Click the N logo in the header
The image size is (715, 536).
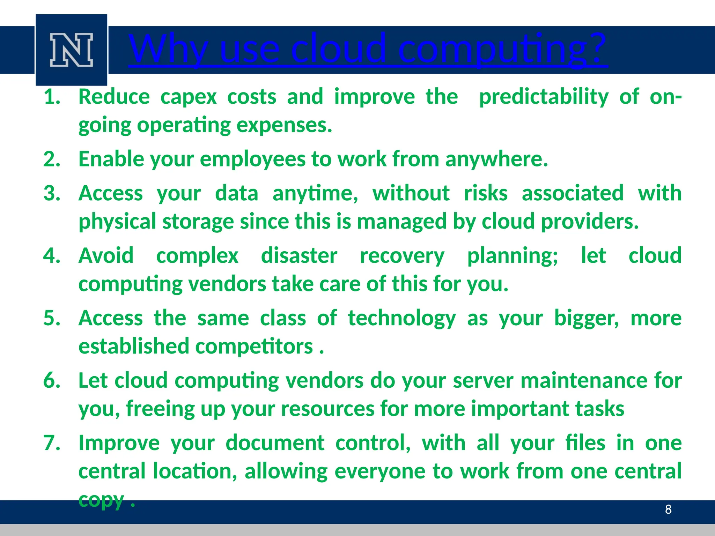(71, 50)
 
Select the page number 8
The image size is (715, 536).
(668, 509)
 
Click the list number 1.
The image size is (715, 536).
(52, 97)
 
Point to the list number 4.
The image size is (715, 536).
(52, 255)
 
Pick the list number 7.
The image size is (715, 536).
(52, 443)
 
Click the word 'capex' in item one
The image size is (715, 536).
(188, 97)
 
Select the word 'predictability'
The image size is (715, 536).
(544, 97)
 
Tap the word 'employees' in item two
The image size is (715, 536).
(252, 159)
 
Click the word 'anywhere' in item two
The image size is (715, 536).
(496, 159)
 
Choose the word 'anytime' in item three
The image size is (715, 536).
(315, 193)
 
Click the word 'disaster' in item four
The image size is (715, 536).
(299, 255)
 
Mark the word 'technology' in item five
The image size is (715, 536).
(402, 318)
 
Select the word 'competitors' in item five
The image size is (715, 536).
(254, 347)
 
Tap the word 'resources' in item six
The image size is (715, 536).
(327, 409)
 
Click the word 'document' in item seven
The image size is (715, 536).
(275, 443)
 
